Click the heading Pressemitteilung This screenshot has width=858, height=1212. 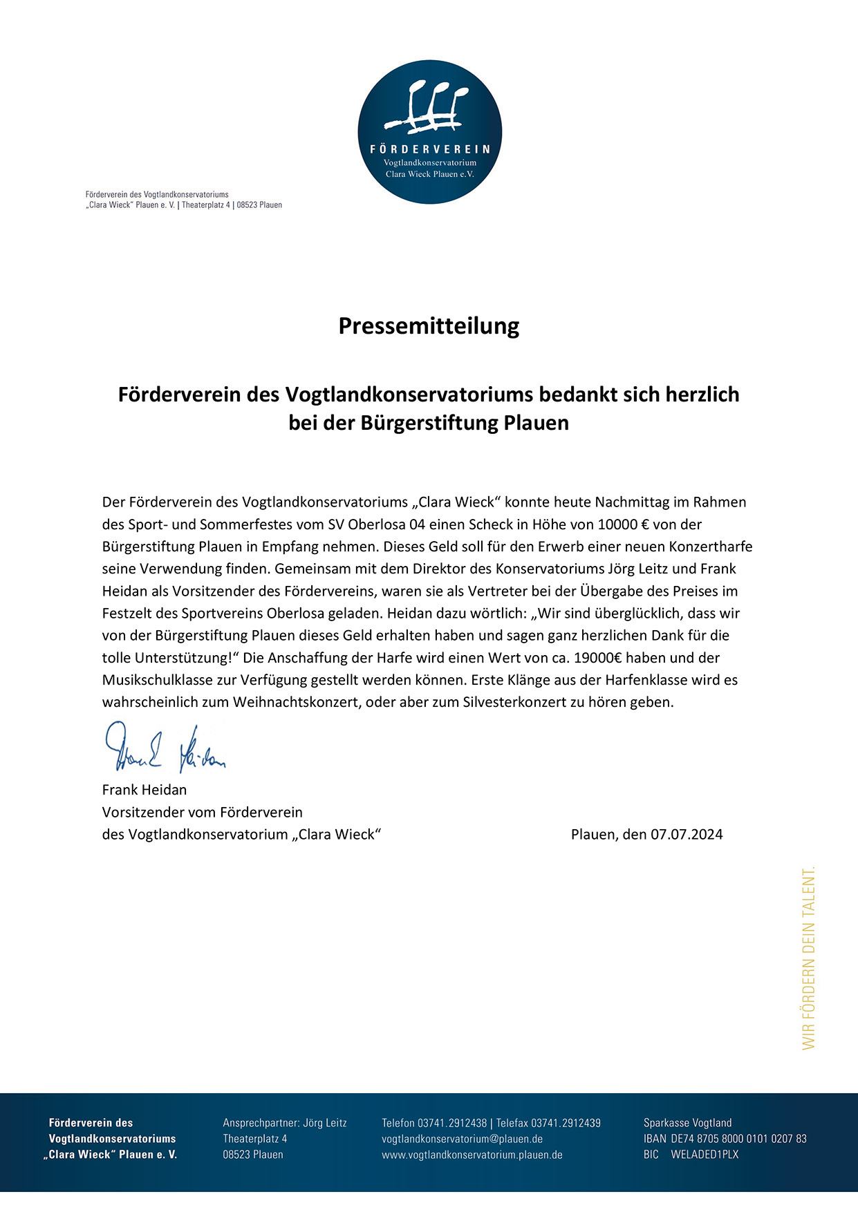[429, 325]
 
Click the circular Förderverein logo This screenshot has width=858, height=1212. [429, 131]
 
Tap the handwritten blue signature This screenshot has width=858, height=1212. [165, 748]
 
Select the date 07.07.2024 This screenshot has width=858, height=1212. [687, 834]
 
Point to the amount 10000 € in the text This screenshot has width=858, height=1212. [623, 524]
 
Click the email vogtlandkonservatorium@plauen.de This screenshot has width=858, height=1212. [462, 1139]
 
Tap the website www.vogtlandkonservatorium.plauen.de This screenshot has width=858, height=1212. [472, 1155]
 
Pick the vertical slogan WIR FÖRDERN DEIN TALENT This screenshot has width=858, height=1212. [808, 958]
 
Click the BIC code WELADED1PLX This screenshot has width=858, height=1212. [705, 1155]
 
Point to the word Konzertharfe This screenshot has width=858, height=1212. [710, 547]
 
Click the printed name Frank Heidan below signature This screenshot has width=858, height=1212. [144, 790]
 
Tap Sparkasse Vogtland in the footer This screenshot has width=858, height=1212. [687, 1123]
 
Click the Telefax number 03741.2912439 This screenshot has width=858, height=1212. [566, 1123]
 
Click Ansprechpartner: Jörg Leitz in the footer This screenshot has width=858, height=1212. [284, 1123]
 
